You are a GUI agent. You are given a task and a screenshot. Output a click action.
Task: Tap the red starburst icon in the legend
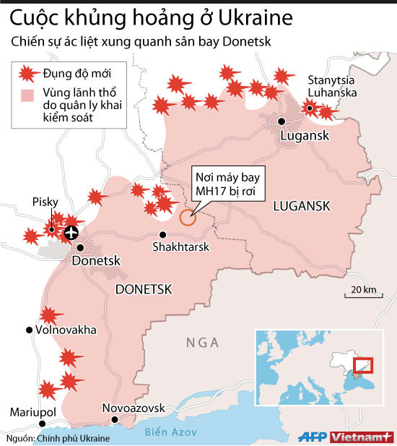pos(27,72)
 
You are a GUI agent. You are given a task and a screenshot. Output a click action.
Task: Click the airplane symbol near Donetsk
pos(71,232)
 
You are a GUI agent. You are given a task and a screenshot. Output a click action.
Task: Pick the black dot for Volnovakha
pos(29,330)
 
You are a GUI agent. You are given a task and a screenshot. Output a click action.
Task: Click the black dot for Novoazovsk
pos(114,419)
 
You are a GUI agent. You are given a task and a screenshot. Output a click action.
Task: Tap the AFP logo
pos(313,437)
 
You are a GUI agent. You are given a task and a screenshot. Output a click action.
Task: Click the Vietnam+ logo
pos(362,437)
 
